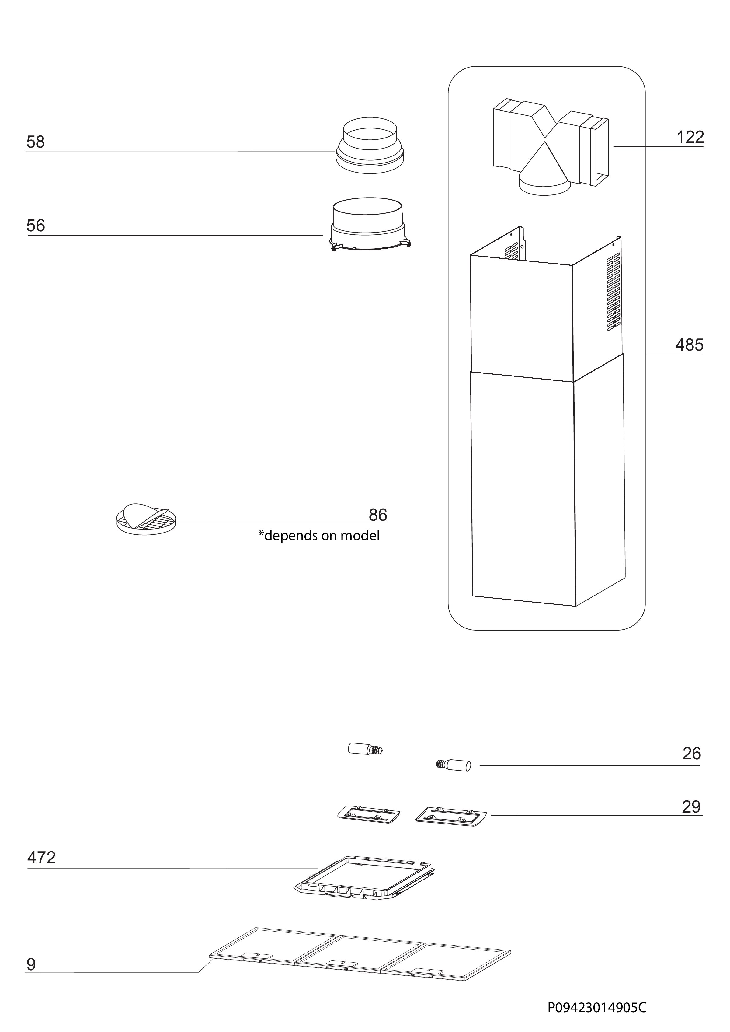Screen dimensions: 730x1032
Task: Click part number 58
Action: tap(36, 142)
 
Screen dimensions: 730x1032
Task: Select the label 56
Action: tap(36, 226)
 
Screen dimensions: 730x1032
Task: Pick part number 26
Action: tap(691, 754)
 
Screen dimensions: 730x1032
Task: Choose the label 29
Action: tap(691, 807)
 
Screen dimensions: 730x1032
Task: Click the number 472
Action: tap(41, 858)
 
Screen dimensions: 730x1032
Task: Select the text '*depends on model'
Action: tap(319, 536)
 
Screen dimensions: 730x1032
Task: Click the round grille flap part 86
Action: tap(146, 519)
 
